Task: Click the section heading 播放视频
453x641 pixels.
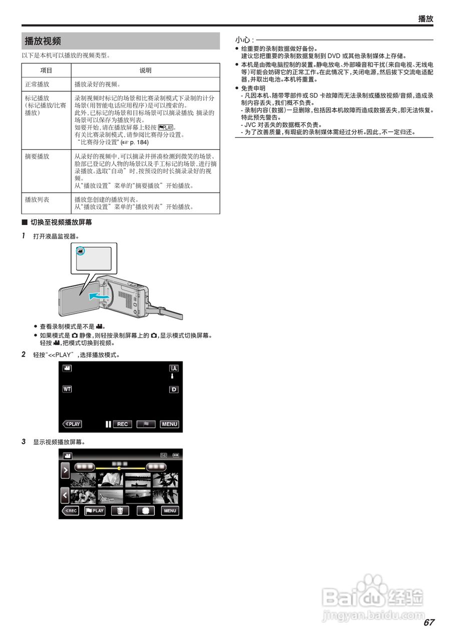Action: coord(43,41)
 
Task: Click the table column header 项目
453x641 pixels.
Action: coord(46,71)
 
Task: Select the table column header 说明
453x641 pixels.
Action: coord(145,71)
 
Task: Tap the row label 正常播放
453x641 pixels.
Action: coord(37,84)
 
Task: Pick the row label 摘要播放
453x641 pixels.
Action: coord(37,156)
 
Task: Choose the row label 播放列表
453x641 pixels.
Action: coord(37,199)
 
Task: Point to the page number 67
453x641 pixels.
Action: coord(428,623)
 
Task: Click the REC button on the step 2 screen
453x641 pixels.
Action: coord(122,424)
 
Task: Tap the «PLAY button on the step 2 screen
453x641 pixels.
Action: coord(72,424)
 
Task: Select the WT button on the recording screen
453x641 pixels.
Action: coord(67,389)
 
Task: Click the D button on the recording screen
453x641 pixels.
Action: coord(174,389)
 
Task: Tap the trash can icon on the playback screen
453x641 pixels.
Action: coord(120,511)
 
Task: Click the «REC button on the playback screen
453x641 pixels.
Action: coord(70,511)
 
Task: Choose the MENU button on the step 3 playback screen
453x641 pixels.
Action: coord(170,511)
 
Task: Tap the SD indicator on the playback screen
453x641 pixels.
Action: coord(164,455)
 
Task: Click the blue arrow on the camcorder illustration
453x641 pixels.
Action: coord(98,297)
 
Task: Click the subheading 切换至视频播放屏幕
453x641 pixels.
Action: coord(61,222)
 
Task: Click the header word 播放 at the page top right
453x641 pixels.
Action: coord(425,19)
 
